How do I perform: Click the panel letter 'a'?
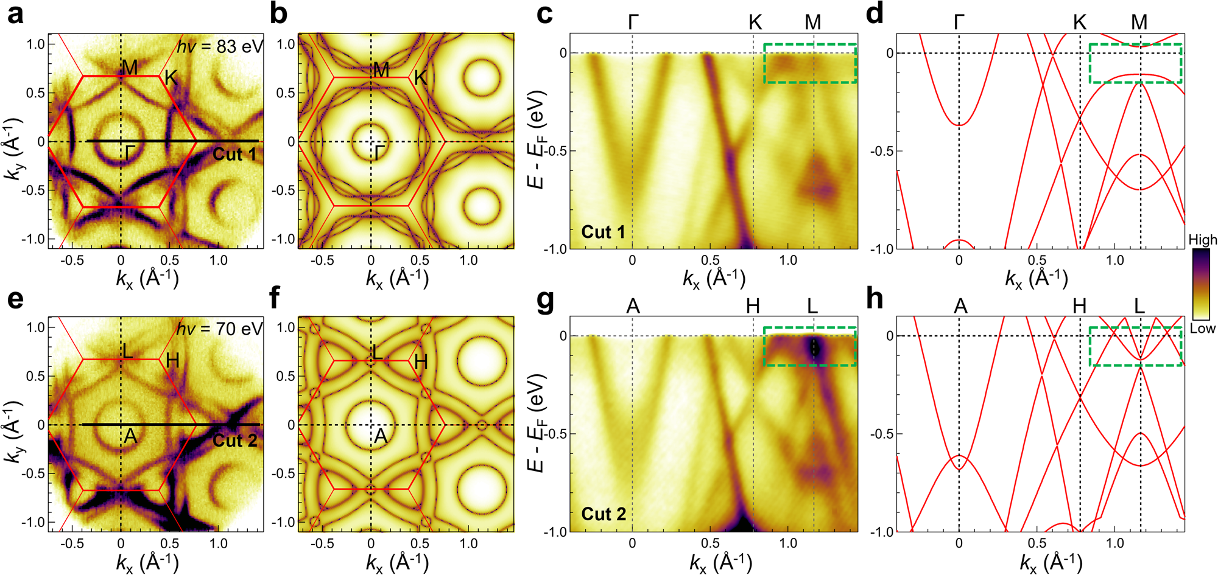point(15,13)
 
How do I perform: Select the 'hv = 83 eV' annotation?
point(220,47)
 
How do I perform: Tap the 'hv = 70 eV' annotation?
point(220,329)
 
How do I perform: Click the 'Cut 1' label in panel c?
point(603,232)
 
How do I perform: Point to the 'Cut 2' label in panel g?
point(603,515)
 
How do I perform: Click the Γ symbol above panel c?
point(633,23)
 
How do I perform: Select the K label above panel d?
point(1080,23)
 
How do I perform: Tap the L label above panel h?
point(1139,305)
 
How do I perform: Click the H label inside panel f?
point(420,363)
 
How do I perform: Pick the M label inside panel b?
point(381,70)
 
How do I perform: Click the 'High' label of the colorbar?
point(1202,240)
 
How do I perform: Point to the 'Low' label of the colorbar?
point(1202,329)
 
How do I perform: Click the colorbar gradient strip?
point(1202,284)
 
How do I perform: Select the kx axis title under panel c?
point(714,279)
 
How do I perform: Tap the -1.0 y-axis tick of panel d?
point(881,249)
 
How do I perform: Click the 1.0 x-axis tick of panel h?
point(1115,543)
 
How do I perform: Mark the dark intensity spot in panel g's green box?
point(814,347)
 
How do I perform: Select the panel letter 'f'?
point(275,298)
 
